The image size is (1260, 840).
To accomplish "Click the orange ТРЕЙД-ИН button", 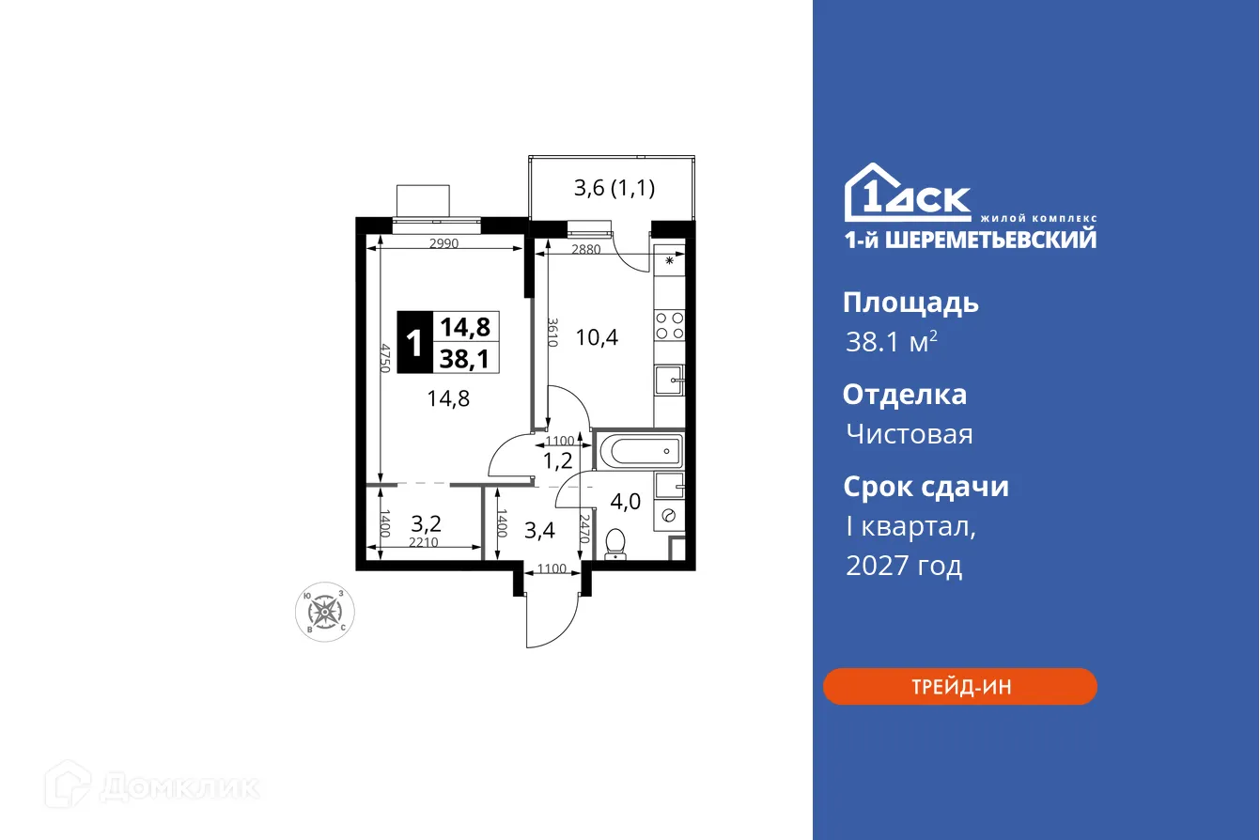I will [x=959, y=687].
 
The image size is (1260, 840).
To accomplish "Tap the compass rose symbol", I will [x=325, y=612].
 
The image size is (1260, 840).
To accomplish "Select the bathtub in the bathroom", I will [x=639, y=452].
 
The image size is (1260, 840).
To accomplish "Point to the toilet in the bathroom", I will [x=616, y=543].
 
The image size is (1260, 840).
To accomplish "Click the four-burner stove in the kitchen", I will [x=669, y=325].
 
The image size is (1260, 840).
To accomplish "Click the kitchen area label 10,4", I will [x=597, y=336].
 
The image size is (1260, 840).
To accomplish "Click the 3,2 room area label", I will [x=426, y=522].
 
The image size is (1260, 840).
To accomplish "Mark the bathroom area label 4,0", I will [x=626, y=501].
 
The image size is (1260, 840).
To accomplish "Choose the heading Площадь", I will [x=910, y=303].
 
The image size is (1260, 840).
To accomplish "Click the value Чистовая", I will [x=909, y=434].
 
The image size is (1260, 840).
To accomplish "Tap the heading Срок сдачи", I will [x=926, y=487].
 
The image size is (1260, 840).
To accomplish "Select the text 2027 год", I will [x=904, y=566].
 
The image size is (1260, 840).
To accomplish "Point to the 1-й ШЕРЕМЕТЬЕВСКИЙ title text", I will [x=970, y=240].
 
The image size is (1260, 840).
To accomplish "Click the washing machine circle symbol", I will [x=669, y=515].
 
